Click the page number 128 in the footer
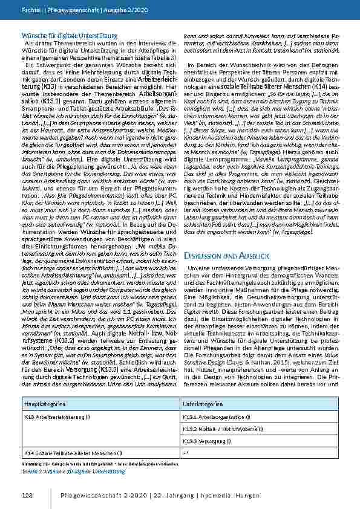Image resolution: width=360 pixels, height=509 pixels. [x=27, y=496]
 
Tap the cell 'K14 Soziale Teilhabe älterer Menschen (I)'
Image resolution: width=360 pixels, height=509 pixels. [x=73, y=452]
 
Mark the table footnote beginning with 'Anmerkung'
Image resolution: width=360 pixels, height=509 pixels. [x=91, y=462]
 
